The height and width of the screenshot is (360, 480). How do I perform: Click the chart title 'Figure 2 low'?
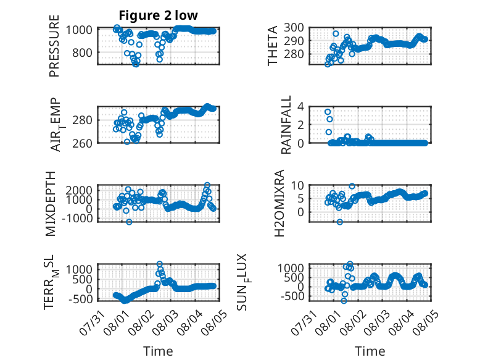[x=159, y=15]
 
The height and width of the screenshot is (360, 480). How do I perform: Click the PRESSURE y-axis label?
[x=54, y=46]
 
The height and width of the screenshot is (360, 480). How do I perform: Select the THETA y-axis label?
[x=273, y=46]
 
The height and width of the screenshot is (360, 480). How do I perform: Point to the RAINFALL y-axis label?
[x=286, y=125]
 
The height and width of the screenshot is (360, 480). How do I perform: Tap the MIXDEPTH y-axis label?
[x=51, y=204]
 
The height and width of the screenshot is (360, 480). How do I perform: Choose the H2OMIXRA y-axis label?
[x=279, y=203]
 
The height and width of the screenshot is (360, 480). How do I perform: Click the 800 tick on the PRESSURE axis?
[x=82, y=52]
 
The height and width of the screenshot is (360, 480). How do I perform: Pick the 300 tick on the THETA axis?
[x=294, y=28]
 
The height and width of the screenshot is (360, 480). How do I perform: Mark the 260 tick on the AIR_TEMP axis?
[x=82, y=143]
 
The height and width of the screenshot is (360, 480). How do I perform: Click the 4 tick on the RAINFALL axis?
[x=300, y=107]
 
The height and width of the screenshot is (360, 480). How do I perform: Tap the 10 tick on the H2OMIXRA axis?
[x=297, y=185]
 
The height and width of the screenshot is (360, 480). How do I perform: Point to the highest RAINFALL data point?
[x=328, y=112]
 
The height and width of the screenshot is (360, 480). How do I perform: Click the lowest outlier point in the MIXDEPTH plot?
[x=129, y=222]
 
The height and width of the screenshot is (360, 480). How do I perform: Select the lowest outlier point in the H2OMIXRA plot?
[x=340, y=222]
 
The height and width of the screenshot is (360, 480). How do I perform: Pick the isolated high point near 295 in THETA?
[x=336, y=33]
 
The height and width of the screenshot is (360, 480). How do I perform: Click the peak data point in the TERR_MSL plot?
[x=160, y=264]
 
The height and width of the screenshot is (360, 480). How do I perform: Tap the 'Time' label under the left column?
[x=158, y=351]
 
